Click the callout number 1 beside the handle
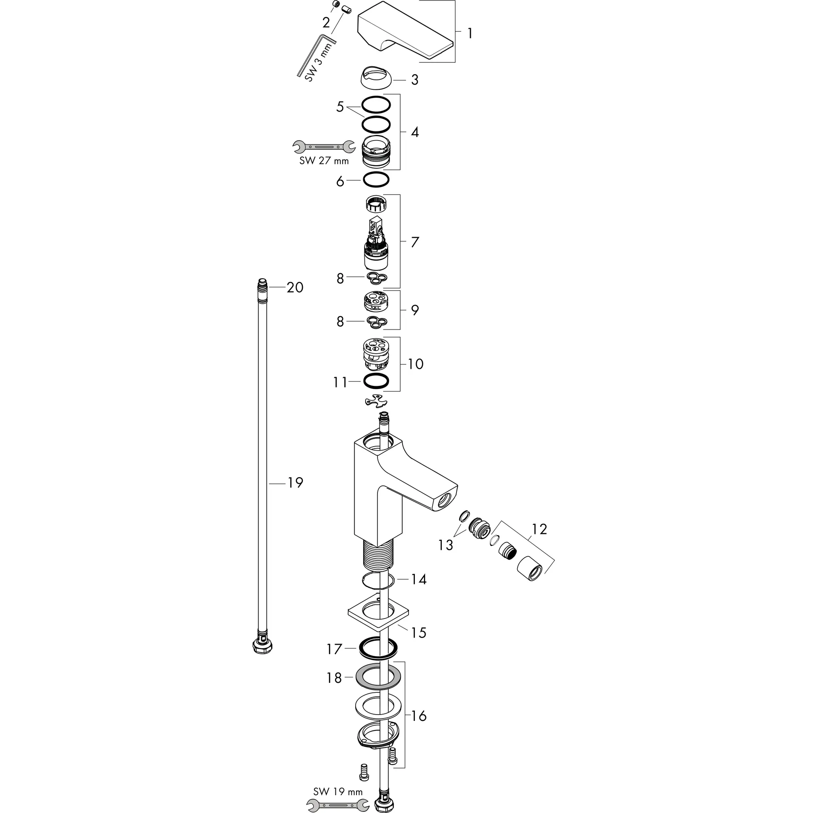[x=470, y=33]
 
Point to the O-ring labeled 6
[x=376, y=180]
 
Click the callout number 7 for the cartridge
[x=415, y=243]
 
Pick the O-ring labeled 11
[x=376, y=381]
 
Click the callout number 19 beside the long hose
[x=295, y=483]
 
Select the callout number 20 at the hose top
[x=295, y=287]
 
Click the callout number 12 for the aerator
[x=539, y=529]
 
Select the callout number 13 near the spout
[x=445, y=545]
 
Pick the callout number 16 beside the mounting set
[x=419, y=715]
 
